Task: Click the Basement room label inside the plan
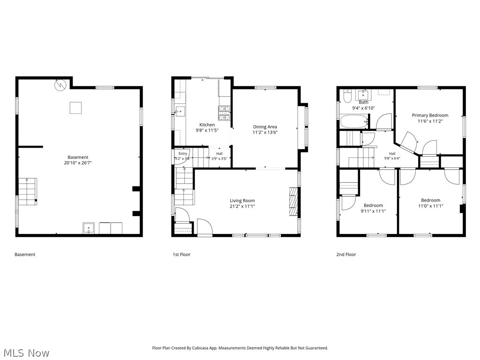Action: [x=78, y=157]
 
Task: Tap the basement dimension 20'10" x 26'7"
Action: [x=78, y=163]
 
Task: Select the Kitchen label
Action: [x=207, y=125]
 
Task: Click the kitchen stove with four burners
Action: [x=225, y=112]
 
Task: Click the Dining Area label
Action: [x=265, y=127]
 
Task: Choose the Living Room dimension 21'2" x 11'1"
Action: [x=242, y=206]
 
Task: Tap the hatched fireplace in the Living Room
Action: [x=293, y=202]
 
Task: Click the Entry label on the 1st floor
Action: [x=183, y=154]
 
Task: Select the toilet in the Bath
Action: [x=348, y=96]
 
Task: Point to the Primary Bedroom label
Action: [x=430, y=115]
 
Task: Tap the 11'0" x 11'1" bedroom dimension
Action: [x=430, y=206]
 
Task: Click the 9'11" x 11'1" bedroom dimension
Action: [x=373, y=211]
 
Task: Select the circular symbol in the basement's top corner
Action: [x=60, y=85]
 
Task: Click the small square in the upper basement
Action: [x=75, y=108]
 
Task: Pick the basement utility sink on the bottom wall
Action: [x=89, y=228]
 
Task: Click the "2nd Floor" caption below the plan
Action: [x=346, y=255]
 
